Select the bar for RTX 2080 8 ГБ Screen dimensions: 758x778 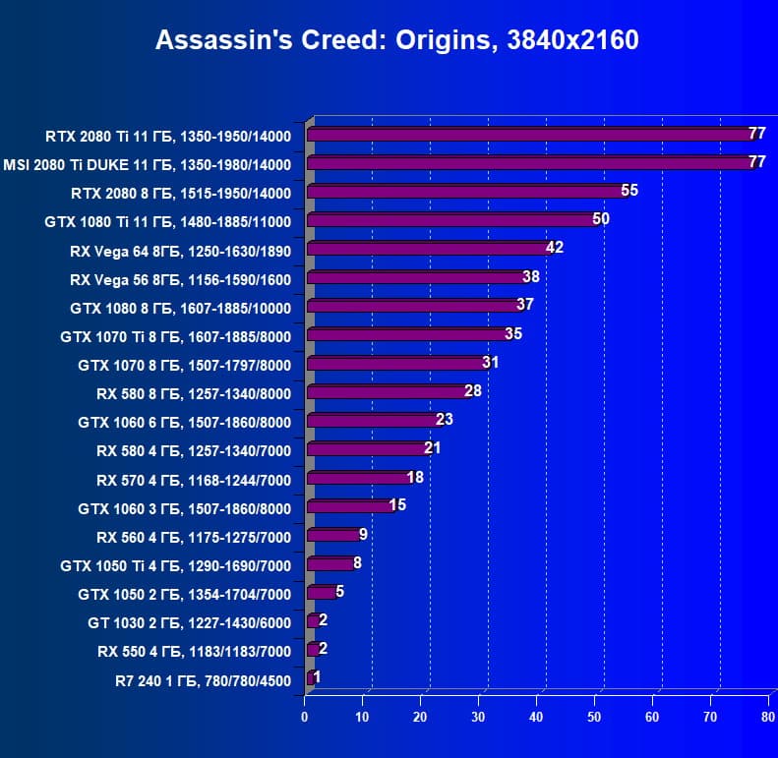(467, 192)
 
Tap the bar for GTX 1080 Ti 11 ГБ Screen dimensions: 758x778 (452, 220)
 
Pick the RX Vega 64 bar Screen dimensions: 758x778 (429, 249)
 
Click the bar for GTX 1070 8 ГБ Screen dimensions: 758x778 (397, 364)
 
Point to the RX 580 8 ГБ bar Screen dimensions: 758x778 (388, 392)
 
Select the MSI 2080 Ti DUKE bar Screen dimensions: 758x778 (531, 163)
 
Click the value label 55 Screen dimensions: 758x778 (629, 190)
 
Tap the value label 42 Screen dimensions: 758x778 (555, 247)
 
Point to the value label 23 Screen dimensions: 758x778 (445, 419)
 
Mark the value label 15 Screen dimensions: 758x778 (397, 505)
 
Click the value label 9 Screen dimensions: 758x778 (364, 534)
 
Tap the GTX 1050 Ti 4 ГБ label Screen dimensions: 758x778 (176, 566)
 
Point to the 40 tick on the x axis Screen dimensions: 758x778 (536, 717)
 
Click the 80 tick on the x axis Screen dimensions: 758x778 (768, 717)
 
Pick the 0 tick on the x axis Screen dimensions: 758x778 (305, 717)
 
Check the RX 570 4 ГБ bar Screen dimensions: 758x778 (359, 479)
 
